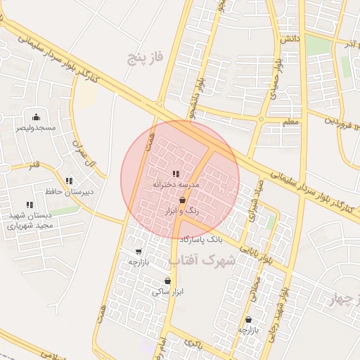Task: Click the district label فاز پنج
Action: coord(144,58)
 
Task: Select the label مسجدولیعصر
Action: coord(36,128)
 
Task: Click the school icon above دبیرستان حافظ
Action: coord(69,181)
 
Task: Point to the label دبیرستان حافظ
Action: coord(69,191)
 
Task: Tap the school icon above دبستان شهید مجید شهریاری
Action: coord(30,205)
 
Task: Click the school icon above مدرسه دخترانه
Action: coord(176,174)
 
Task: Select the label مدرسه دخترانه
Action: coord(176,184)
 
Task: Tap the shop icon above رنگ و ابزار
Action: coord(182,200)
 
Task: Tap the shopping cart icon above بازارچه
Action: coord(138,251)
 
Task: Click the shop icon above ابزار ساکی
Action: coord(167,281)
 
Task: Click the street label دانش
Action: coord(290,39)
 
